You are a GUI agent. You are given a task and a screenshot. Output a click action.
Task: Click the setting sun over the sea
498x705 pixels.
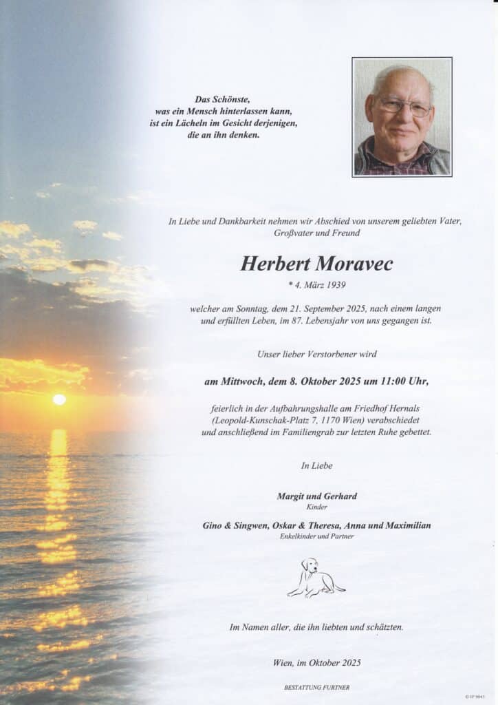coord(60,399)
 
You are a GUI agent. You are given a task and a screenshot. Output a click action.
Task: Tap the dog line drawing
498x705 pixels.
coord(315,578)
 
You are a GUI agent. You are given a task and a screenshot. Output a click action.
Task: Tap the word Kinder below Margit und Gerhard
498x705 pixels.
coord(316,507)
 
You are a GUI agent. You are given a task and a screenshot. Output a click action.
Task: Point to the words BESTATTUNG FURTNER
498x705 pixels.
coord(316,687)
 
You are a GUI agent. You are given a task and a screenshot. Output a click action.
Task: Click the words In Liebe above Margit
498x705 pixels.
coord(316,466)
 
